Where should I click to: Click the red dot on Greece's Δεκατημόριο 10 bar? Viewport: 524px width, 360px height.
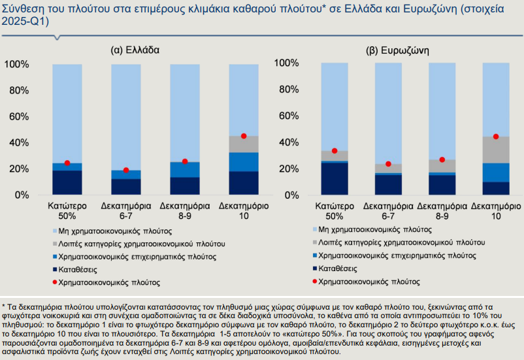pyautogui.click(x=244, y=136)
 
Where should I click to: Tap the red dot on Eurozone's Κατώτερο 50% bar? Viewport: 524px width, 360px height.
pyautogui.click(x=335, y=151)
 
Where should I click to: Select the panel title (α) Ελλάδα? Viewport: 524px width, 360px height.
pyautogui.click(x=135, y=50)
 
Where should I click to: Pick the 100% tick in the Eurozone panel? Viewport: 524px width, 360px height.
pyautogui.click(x=291, y=63)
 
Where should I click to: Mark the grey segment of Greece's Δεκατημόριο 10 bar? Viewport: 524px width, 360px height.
pyautogui.click(x=244, y=144)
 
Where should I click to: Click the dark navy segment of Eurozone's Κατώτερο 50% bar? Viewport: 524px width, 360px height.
pyautogui.click(x=335, y=178)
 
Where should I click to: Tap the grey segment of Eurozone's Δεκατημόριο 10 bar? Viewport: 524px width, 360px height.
pyautogui.click(x=496, y=150)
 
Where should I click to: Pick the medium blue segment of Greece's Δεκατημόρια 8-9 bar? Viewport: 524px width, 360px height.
pyautogui.click(x=185, y=170)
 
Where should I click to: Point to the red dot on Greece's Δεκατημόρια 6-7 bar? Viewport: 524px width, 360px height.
pyautogui.click(x=126, y=171)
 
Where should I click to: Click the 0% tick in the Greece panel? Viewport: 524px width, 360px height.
pyautogui.click(x=20, y=195)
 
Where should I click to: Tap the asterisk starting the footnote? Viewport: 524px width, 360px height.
pyautogui.click(x=3, y=306)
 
